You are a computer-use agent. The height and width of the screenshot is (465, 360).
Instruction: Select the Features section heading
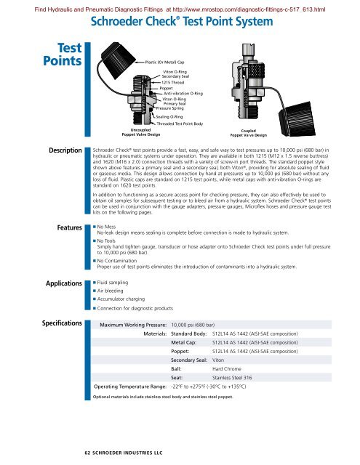coord(64,207)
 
